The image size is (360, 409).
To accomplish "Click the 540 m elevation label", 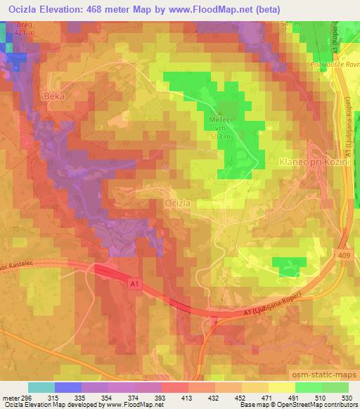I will tap(290, 25).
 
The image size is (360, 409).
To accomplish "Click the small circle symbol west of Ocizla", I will tap(165, 167).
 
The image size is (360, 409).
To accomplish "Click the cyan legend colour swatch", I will tap(40, 387).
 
